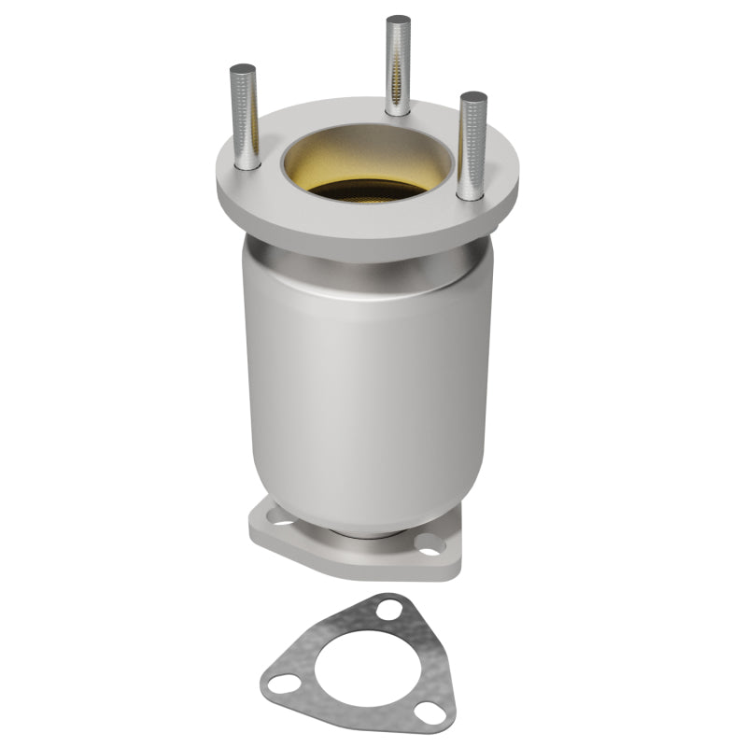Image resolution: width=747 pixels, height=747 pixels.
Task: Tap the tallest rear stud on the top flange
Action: click(398, 65)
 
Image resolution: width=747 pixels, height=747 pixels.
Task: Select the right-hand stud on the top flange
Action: click(472, 145)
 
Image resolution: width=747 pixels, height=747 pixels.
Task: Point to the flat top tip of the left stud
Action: click(243, 69)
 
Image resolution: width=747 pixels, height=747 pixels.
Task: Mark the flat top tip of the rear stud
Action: click(398, 21)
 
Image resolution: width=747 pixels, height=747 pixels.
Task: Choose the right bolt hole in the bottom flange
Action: click(430, 550)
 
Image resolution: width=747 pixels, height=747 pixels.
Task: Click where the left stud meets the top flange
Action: click(247, 165)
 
